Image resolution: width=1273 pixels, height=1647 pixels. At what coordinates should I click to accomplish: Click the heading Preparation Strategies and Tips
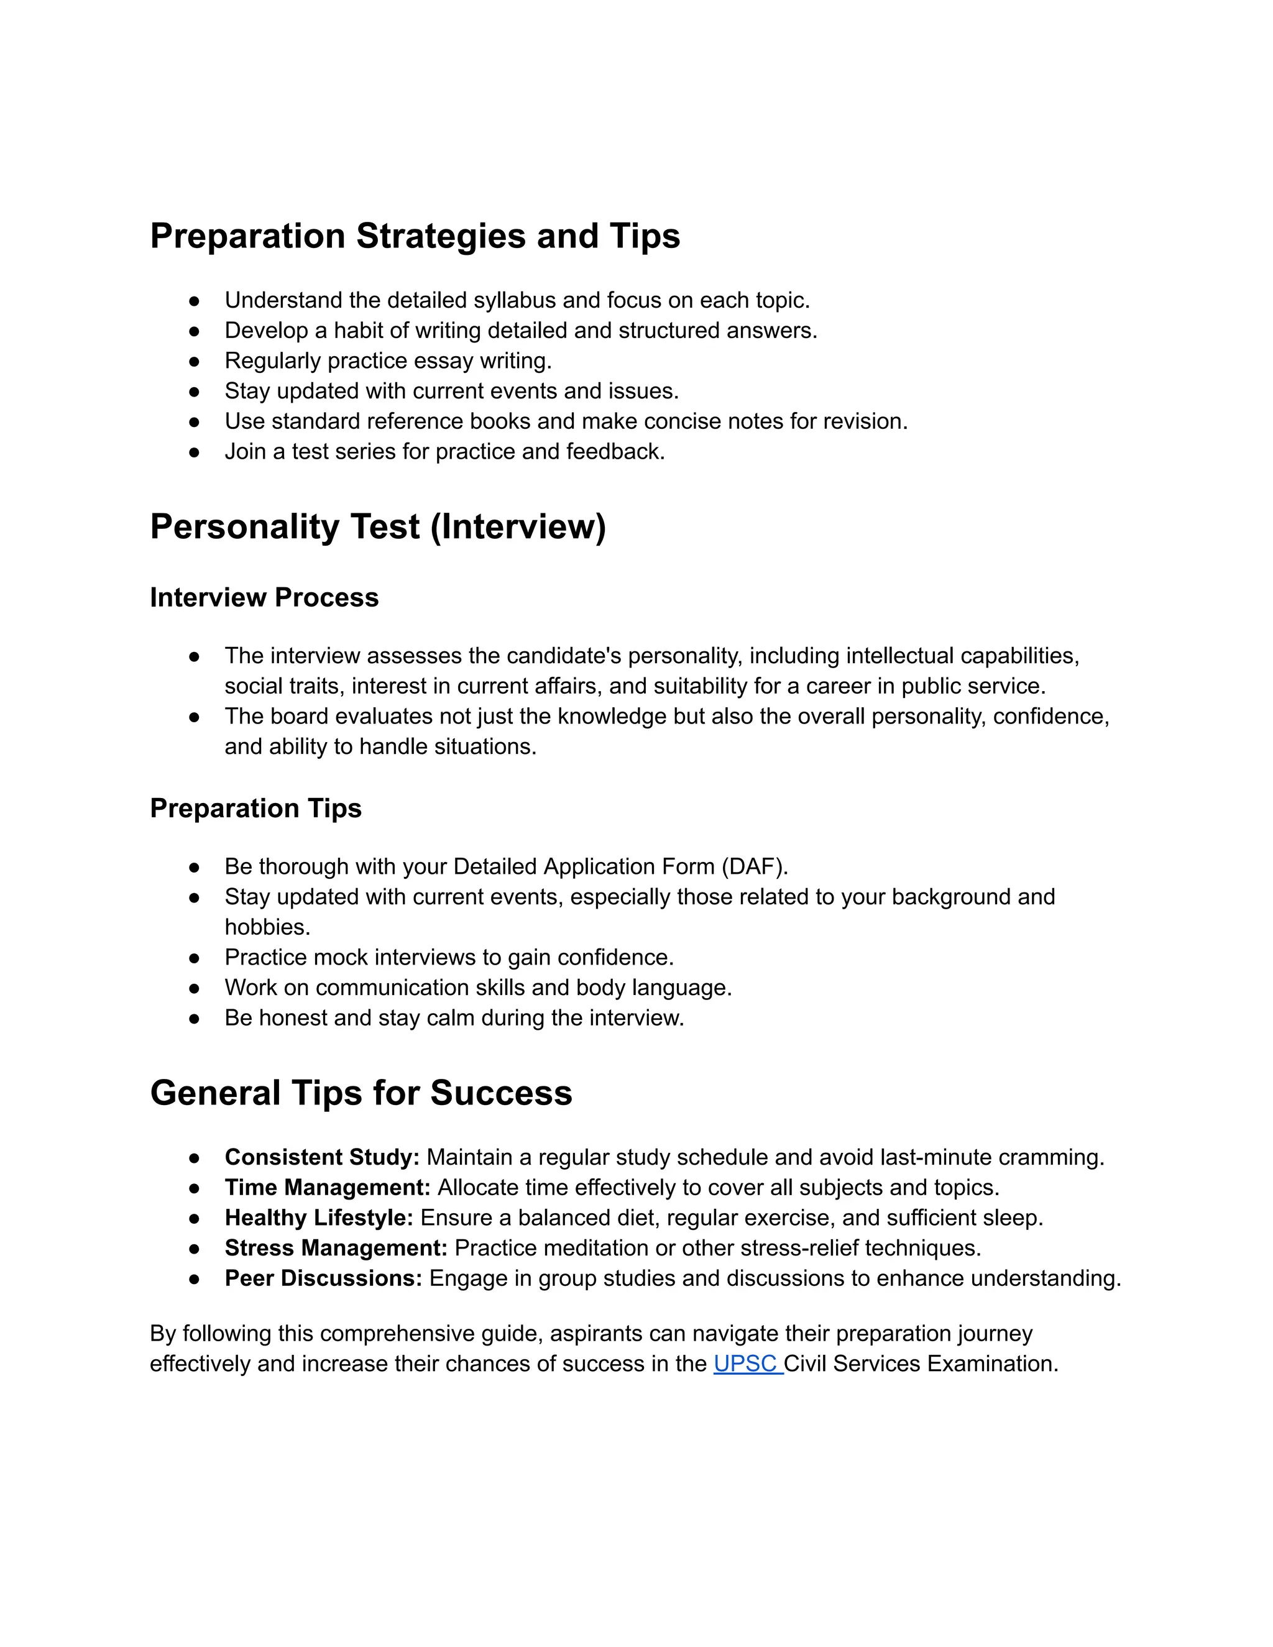(x=415, y=236)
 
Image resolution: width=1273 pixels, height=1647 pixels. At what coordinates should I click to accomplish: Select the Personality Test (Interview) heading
(x=377, y=526)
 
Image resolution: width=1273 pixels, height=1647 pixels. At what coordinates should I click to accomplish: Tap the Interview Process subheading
(x=264, y=597)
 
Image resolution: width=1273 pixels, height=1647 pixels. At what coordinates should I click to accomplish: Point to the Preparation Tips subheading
(x=255, y=809)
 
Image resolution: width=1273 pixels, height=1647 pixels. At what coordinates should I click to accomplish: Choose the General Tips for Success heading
(x=361, y=1093)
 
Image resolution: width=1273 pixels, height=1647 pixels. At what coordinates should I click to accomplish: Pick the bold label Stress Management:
(x=336, y=1247)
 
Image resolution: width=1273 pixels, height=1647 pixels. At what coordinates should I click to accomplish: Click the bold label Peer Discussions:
(x=323, y=1278)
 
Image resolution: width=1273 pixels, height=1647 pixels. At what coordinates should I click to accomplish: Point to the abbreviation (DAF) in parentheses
(x=753, y=866)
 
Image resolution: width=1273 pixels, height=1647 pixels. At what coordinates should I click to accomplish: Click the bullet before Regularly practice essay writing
(x=195, y=361)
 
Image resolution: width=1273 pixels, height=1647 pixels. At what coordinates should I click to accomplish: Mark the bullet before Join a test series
(x=195, y=452)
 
